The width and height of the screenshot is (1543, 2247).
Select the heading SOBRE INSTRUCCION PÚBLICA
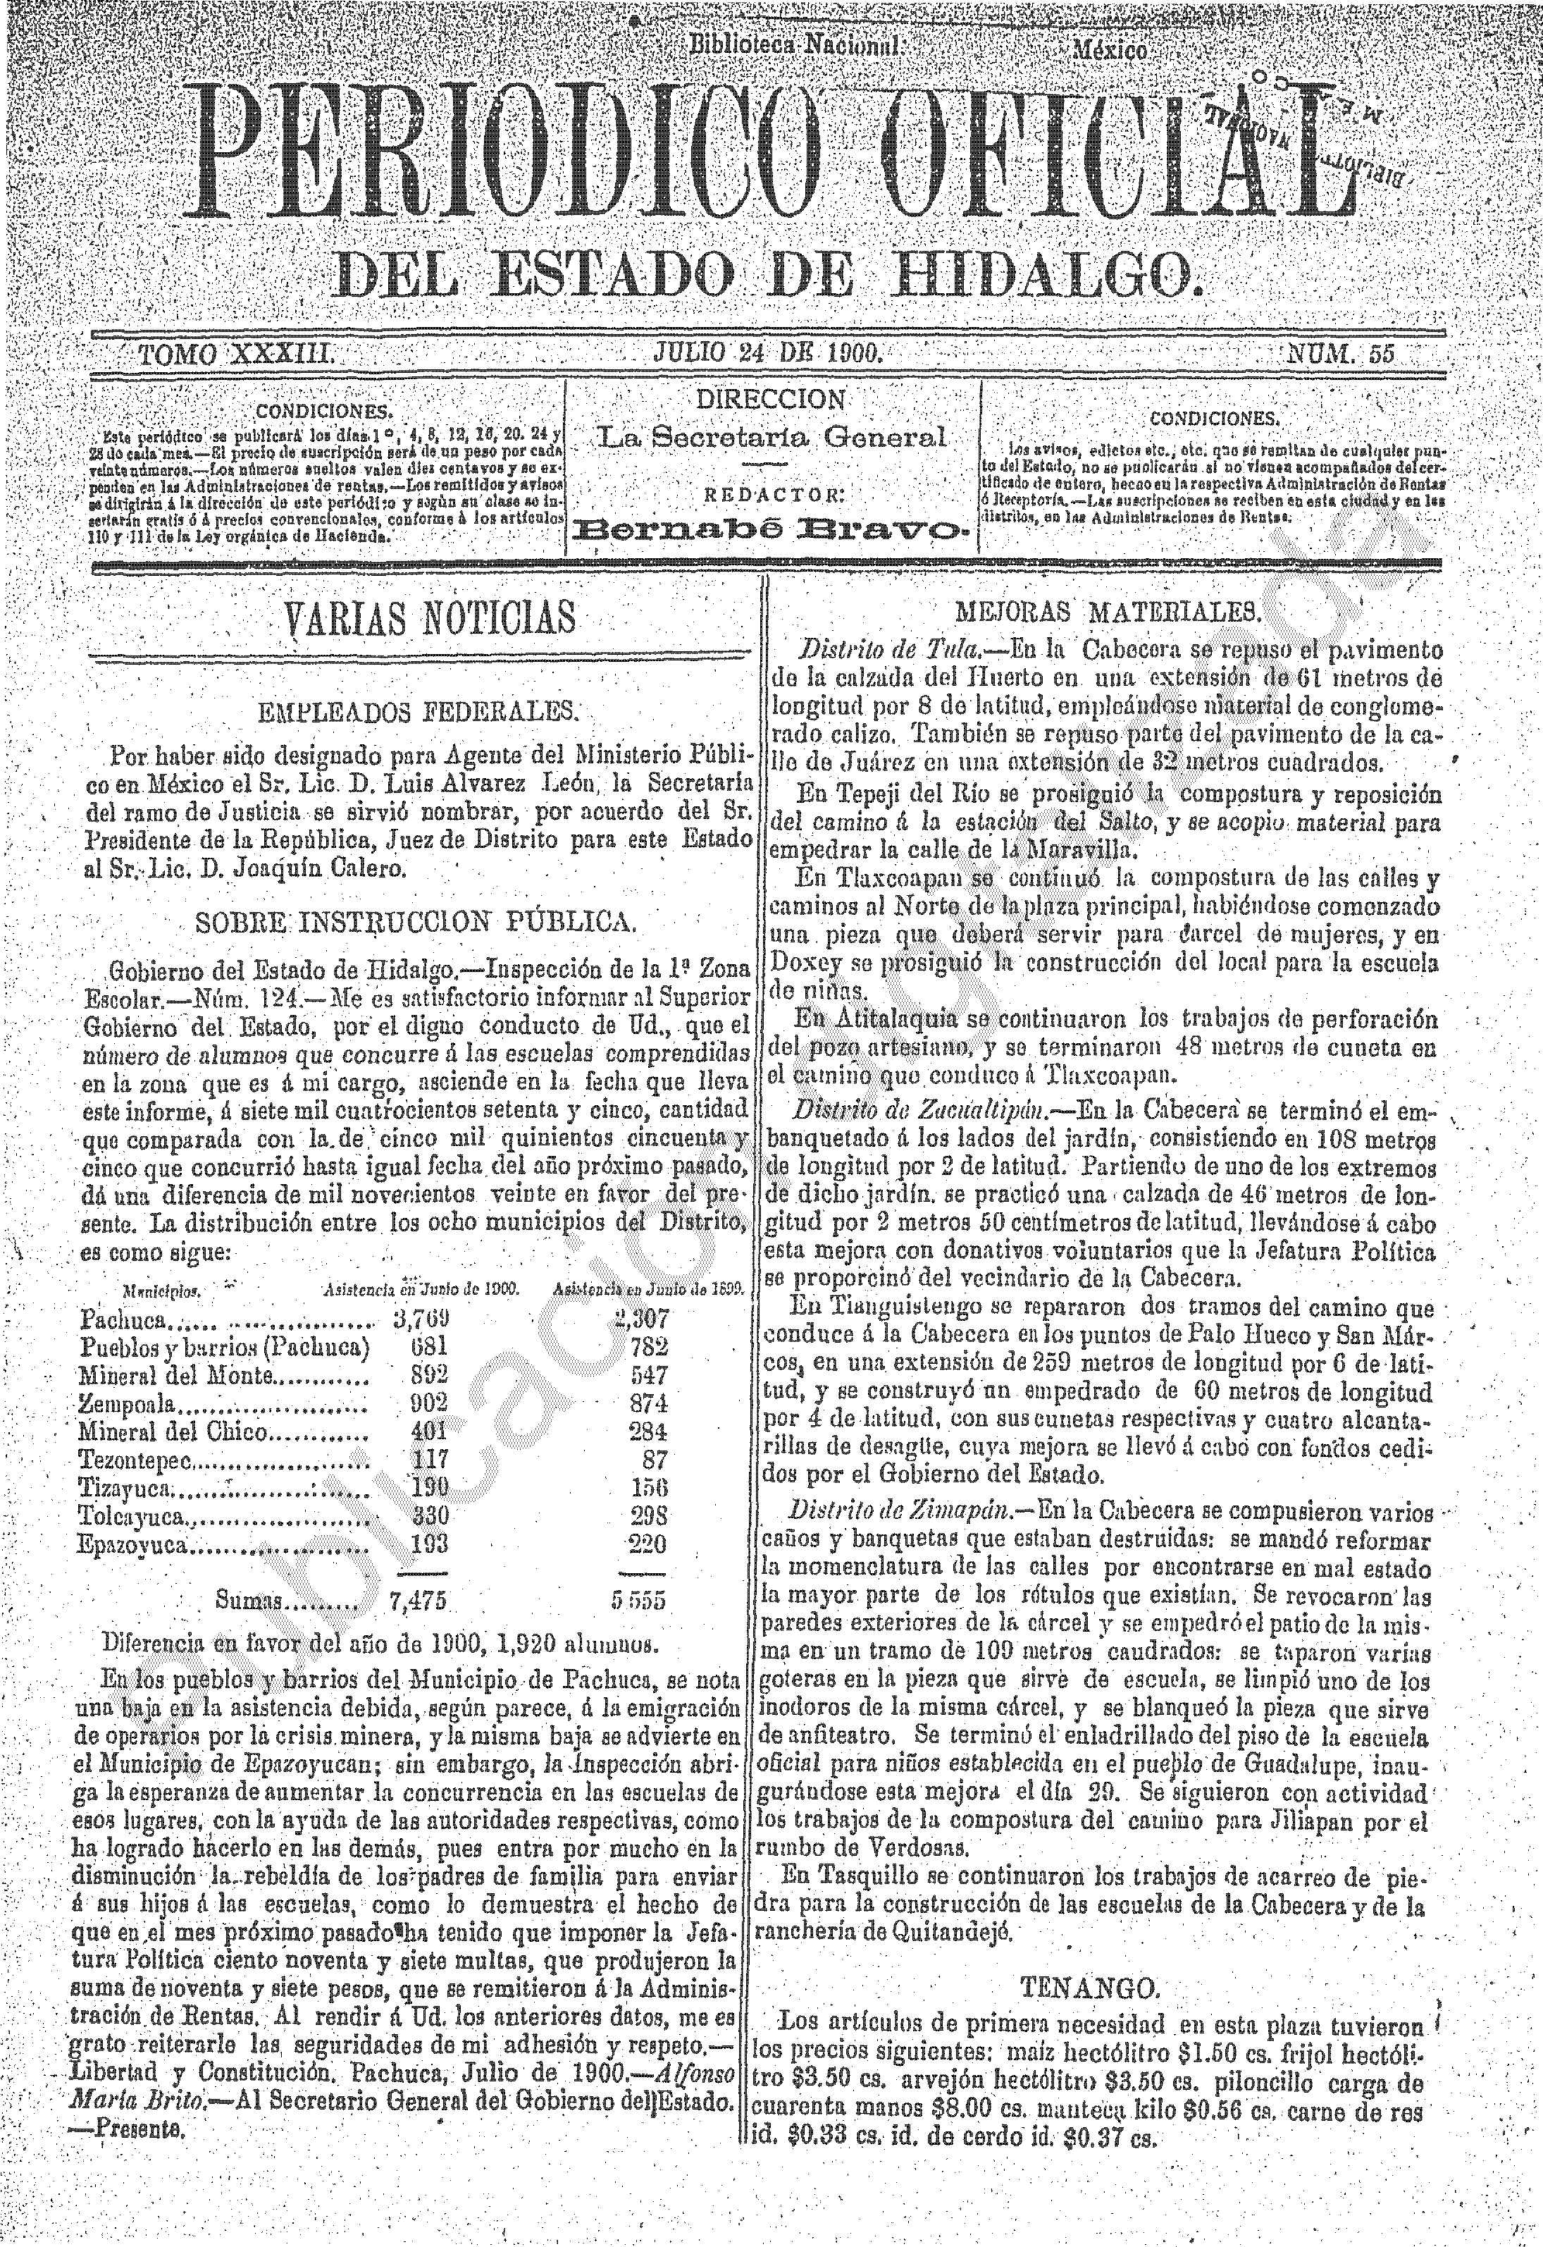(x=416, y=921)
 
